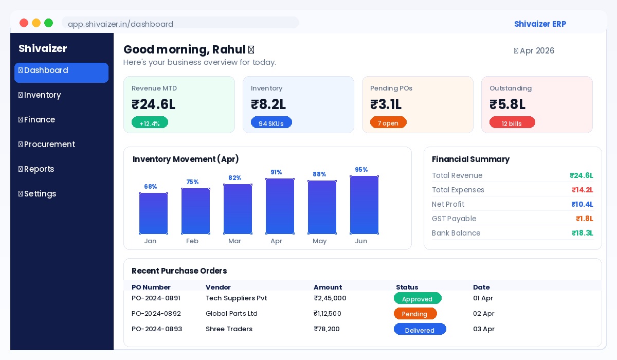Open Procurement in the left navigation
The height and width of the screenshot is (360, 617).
pyautogui.click(x=49, y=145)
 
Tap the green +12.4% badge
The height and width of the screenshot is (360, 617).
pyautogui.click(x=150, y=123)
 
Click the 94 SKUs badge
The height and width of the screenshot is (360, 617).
pyautogui.click(x=271, y=123)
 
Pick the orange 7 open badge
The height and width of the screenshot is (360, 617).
pyautogui.click(x=388, y=123)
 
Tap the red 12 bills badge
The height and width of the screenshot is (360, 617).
pyautogui.click(x=512, y=123)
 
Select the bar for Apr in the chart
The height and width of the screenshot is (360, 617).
pyautogui.click(x=280, y=206)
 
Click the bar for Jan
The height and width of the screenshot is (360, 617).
pyautogui.click(x=153, y=213)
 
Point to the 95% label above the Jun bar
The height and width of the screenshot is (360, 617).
pyautogui.click(x=361, y=170)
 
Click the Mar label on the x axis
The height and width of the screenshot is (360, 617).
pyautogui.click(x=234, y=241)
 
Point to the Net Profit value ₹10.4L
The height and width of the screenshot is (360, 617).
pyautogui.click(x=582, y=204)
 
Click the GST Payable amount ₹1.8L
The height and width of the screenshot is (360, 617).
pyautogui.click(x=584, y=219)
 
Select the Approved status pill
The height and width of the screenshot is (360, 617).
pyautogui.click(x=418, y=299)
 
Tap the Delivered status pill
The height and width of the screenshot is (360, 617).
pyautogui.click(x=420, y=330)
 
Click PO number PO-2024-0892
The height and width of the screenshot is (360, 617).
pyautogui.click(x=156, y=314)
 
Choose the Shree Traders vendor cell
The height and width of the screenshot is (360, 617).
pyautogui.click(x=229, y=329)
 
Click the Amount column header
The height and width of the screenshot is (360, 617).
pyautogui.click(x=328, y=287)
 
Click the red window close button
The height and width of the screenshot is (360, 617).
pyautogui.click(x=24, y=23)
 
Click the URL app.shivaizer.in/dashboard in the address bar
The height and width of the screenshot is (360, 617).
pyautogui.click(x=121, y=24)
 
